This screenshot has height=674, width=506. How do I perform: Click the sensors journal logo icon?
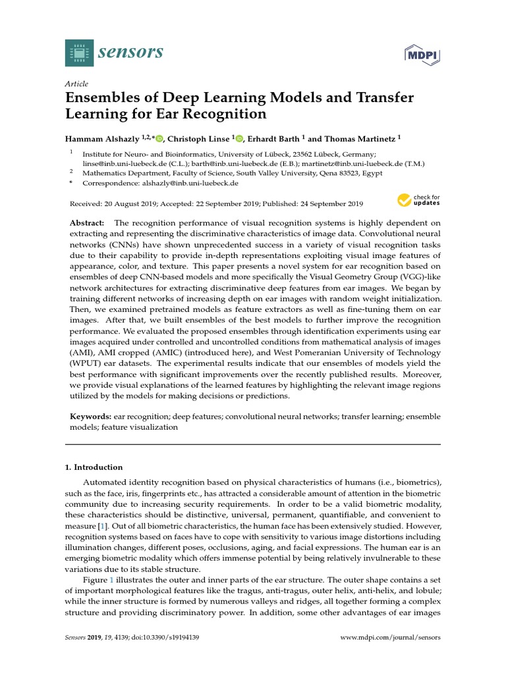pyautogui.click(x=80, y=53)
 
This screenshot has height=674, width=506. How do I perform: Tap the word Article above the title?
pyautogui.click(x=76, y=84)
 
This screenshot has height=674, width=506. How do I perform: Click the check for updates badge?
pyautogui.click(x=419, y=201)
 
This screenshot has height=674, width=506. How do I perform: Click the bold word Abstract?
pyautogui.click(x=87, y=224)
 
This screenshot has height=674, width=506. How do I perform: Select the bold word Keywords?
pyautogui.click(x=90, y=417)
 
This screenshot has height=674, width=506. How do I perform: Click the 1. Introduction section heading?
pyautogui.click(x=94, y=467)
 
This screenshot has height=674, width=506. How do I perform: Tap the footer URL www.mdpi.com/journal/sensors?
pyautogui.click(x=390, y=638)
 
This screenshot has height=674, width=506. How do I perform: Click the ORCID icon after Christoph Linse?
pyautogui.click(x=239, y=139)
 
